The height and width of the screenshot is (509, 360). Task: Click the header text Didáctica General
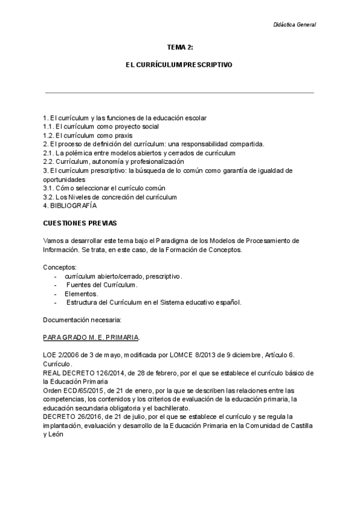pyautogui.click(x=292, y=25)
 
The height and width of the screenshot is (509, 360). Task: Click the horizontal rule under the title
pyautogui.click(x=179, y=93)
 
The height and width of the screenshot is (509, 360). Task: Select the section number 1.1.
pyautogui.click(x=48, y=127)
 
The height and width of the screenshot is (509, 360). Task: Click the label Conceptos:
pyautogui.click(x=59, y=267)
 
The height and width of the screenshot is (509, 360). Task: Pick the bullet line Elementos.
pyautogui.click(x=82, y=294)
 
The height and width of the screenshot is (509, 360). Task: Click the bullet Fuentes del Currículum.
pyautogui.click(x=101, y=285)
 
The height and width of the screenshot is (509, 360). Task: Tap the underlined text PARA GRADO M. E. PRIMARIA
pyautogui.click(x=92, y=337)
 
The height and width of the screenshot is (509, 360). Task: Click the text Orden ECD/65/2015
pyautogui.click(x=73, y=390)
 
